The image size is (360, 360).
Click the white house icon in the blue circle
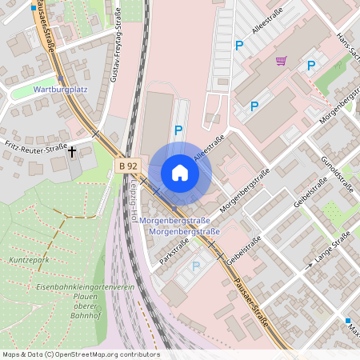pyautogui.click(x=179, y=173)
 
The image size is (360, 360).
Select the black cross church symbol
pyautogui.click(x=72, y=150)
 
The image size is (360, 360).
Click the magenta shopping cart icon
pyautogui.click(x=281, y=60)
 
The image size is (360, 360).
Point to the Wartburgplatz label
pyautogui.click(x=60, y=90)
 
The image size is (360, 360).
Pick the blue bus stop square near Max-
pyautogui.click(x=348, y=320)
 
